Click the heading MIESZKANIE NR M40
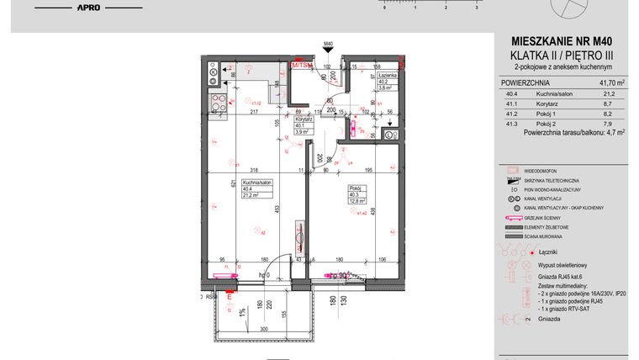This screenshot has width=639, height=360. pyautogui.click(x=568, y=40)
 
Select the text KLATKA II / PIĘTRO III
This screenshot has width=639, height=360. pyautogui.click(x=568, y=54)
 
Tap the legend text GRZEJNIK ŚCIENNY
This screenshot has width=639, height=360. pyautogui.click(x=551, y=216)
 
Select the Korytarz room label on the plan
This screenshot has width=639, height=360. pyautogui.click(x=304, y=120)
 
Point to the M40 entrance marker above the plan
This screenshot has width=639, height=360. pyautogui.click(x=328, y=44)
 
